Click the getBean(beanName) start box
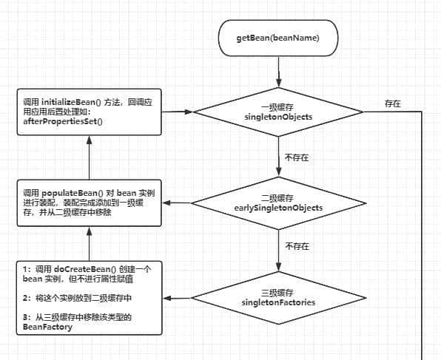[279, 38]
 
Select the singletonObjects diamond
[279, 112]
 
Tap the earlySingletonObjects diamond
[279, 203]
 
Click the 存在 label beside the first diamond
[393, 104]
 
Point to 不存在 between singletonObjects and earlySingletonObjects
[297, 157]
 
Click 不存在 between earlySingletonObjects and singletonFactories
[297, 246]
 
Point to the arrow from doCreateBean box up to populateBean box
[88, 243]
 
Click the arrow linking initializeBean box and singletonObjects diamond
[178, 112]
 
